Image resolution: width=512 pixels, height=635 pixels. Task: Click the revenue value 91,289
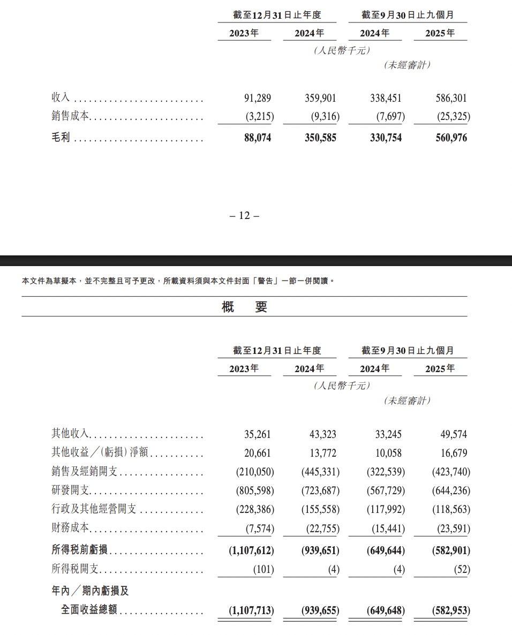pos(258,98)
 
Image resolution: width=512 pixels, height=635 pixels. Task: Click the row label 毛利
pos(61,138)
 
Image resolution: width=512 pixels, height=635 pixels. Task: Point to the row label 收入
pos(61,97)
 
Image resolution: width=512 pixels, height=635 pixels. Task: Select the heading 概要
pos(244,307)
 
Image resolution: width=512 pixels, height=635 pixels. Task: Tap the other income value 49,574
pos(453,434)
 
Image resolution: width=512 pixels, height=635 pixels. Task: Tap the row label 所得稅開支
pos(75,569)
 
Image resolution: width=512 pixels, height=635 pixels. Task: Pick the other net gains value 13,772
pos(322,453)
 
